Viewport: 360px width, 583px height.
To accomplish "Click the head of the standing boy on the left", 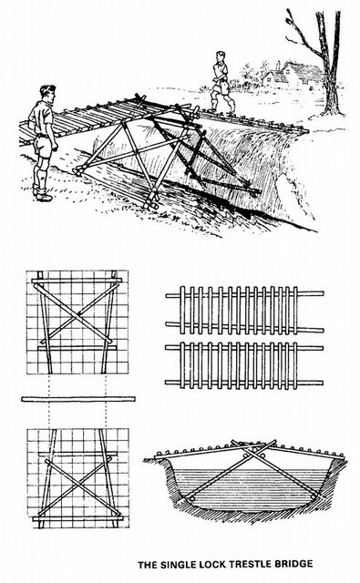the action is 47,94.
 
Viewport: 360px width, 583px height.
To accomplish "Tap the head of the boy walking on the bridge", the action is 220,56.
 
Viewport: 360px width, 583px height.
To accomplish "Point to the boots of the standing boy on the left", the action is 42,193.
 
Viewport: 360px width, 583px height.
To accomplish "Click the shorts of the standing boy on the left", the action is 44,145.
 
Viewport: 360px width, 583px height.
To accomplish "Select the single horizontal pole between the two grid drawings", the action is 78,399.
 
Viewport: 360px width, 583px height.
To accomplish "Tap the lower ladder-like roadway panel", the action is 244,365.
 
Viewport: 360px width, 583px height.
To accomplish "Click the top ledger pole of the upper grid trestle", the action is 77,281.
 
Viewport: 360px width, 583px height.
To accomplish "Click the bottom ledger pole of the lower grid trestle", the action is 77,517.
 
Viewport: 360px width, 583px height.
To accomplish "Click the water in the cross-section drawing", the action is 245,487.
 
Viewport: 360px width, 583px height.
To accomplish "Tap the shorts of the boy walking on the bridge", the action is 222,87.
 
